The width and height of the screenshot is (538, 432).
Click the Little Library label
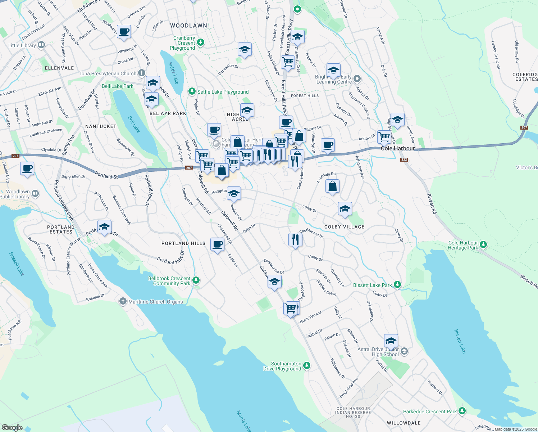(x=22, y=45)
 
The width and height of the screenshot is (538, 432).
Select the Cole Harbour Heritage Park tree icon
(x=483, y=245)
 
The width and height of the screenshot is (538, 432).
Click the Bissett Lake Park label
(x=372, y=285)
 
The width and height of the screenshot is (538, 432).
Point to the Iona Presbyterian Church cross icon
(x=142, y=73)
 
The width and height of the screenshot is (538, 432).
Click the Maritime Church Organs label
(x=155, y=302)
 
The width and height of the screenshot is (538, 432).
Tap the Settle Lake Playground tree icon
(x=192, y=92)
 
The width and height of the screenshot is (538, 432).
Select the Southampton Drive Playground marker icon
(x=306, y=366)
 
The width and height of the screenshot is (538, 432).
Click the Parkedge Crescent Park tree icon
(x=462, y=411)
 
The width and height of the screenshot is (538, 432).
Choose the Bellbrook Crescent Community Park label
(x=169, y=281)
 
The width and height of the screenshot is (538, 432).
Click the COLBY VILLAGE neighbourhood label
(x=344, y=227)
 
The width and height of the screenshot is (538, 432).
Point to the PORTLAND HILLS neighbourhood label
(x=183, y=243)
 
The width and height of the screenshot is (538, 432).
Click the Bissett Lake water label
(x=460, y=341)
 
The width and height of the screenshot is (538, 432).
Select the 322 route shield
(x=404, y=159)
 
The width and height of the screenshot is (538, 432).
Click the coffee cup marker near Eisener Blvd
(x=27, y=168)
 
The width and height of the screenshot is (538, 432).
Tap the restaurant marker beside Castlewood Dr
(x=295, y=239)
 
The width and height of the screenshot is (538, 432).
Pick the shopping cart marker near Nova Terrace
(x=290, y=308)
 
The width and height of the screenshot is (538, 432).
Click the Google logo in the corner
(x=12, y=427)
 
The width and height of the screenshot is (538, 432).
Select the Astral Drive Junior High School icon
(x=404, y=351)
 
